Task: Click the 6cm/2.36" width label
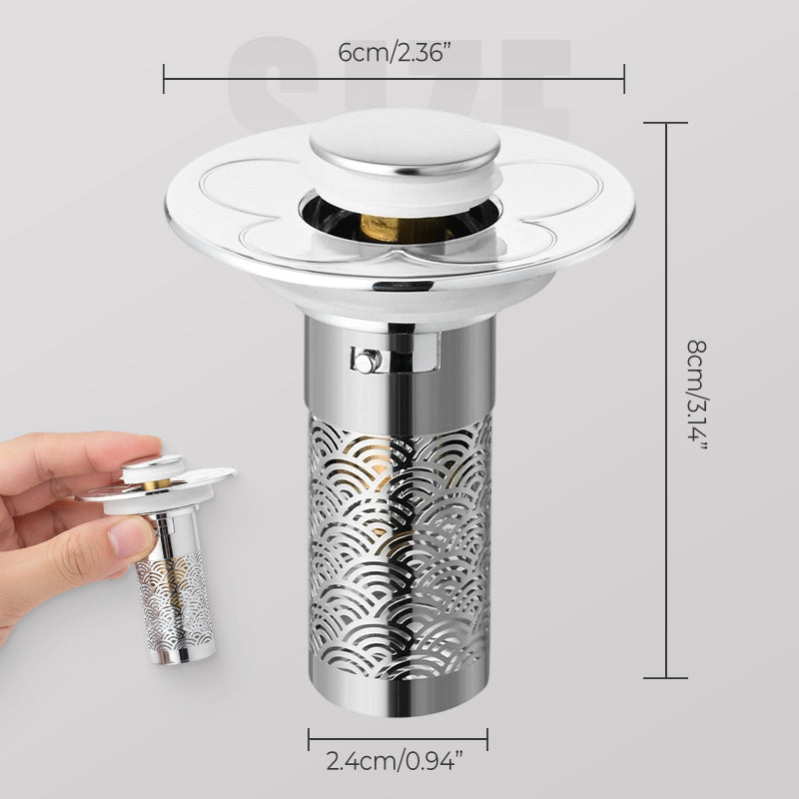coord(394,53)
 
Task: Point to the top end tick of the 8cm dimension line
coord(667,122)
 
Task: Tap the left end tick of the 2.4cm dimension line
coord(309,740)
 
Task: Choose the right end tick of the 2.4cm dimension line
coord(487,740)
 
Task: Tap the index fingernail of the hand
coord(124,540)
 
